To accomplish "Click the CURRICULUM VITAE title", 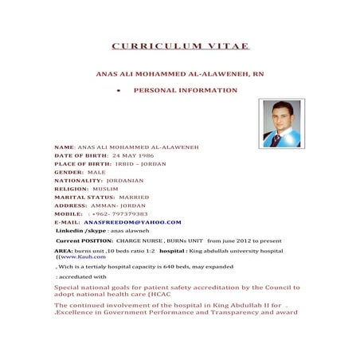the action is point(180,46).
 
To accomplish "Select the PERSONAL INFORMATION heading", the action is point(186,90).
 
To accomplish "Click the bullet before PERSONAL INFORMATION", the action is point(118,91).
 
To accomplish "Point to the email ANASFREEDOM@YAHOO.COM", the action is point(132,222).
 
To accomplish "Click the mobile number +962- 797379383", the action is point(120,213).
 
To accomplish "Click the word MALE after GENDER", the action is point(96,172).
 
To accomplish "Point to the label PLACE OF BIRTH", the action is point(83,163).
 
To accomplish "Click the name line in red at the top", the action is point(180,72).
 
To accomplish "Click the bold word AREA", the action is point(63,249).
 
